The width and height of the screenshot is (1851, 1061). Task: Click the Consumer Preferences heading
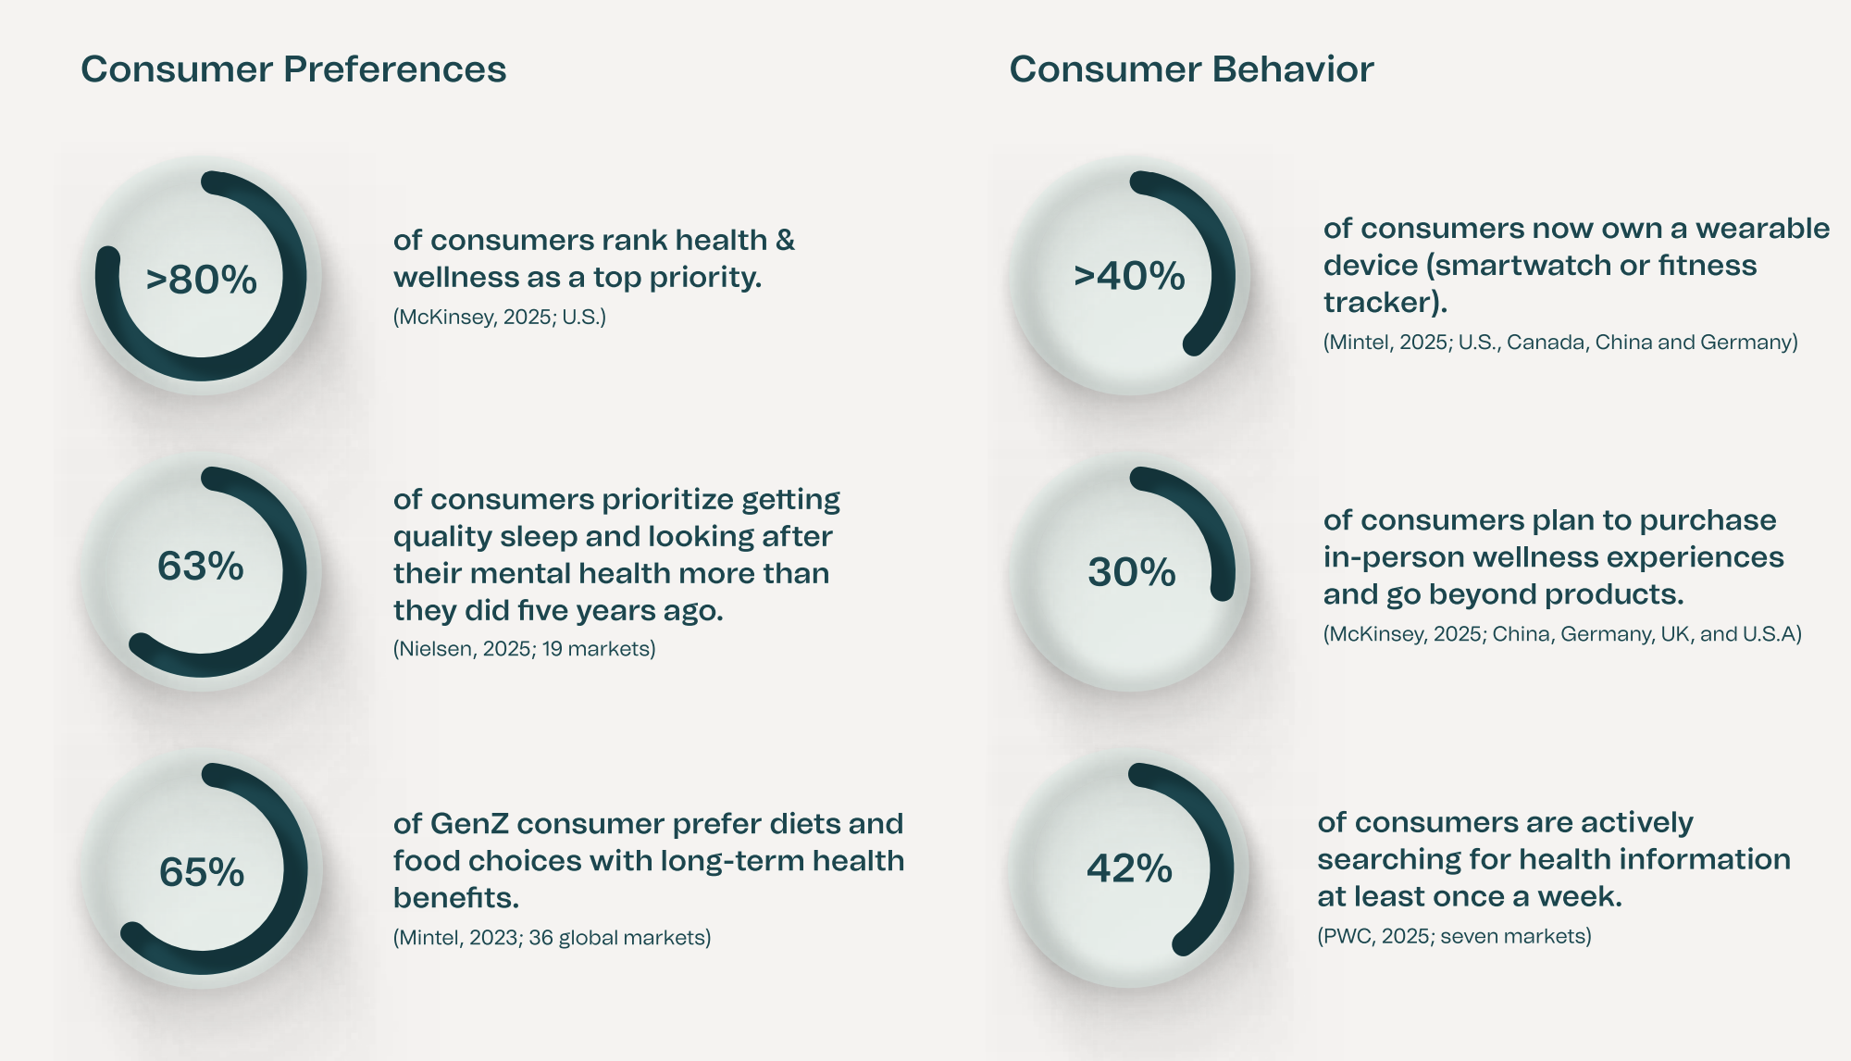(293, 69)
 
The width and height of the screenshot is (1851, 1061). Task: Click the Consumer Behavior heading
(1191, 69)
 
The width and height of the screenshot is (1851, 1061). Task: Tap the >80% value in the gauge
(202, 280)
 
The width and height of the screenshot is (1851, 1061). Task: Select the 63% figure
(201, 566)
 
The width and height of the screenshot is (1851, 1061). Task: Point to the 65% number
(202, 872)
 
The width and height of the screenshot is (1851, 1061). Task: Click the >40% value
(1129, 276)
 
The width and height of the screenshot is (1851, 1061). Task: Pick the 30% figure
(1131, 572)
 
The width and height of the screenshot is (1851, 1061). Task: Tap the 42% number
(1129, 868)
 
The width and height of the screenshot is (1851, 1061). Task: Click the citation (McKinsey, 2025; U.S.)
(500, 318)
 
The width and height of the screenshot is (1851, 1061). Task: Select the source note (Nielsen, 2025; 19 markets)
(524, 649)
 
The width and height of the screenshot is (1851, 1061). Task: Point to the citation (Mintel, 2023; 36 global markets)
(552, 938)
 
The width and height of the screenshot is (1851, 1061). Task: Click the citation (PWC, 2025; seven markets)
(1454, 936)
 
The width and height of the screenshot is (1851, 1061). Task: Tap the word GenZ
(469, 823)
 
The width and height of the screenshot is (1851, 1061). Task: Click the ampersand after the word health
(785, 241)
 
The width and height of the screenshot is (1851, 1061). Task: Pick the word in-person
(1374, 557)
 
